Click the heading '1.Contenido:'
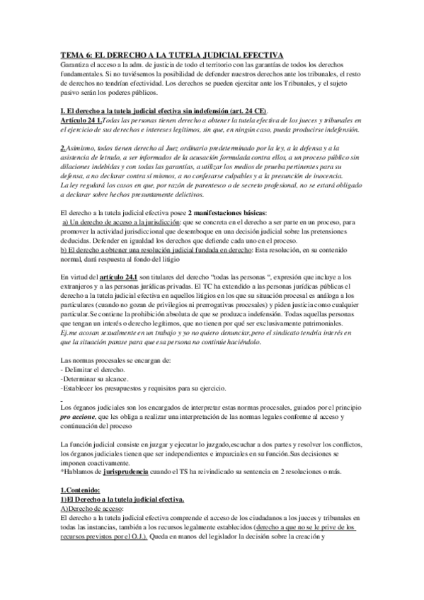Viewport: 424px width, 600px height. [80, 490]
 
